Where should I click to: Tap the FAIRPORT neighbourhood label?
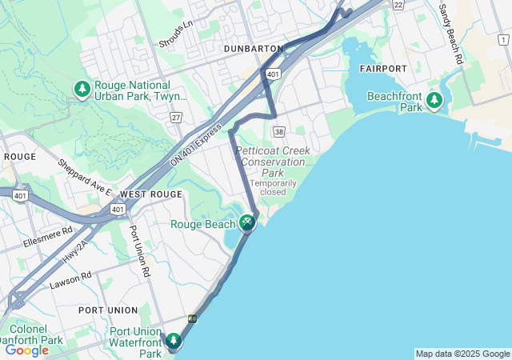[383, 69]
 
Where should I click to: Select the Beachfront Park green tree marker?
[434, 100]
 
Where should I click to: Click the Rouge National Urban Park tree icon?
[82, 90]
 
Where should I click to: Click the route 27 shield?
[175, 118]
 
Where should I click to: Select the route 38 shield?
[278, 131]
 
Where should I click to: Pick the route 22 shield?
[398, 5]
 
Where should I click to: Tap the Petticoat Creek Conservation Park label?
[273, 161]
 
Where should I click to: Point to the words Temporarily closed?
[273, 187]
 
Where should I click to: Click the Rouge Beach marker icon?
[248, 222]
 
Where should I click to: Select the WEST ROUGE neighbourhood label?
[150, 194]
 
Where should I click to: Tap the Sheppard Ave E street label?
[84, 178]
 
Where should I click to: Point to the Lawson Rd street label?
[70, 278]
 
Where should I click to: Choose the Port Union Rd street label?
[140, 250]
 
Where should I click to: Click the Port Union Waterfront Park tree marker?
[174, 342]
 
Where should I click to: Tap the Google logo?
[27, 350]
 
